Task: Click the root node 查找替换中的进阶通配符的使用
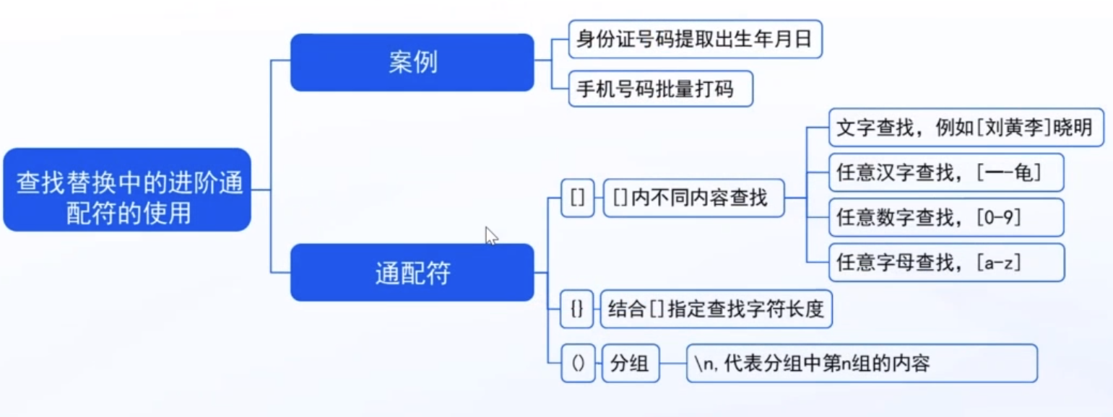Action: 127,190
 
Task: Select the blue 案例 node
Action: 412,62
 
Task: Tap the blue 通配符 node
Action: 412,273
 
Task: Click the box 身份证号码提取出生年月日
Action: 696,39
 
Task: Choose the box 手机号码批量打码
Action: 661,89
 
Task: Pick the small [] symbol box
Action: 577,197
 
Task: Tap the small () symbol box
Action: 577,364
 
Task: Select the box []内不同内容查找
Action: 693,197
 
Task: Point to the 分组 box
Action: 630,364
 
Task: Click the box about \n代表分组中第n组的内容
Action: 861,364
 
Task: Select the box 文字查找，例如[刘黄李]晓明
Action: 966,127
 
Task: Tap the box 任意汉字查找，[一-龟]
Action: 945,172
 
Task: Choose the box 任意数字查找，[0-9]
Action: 945,217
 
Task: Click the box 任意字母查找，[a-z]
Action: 945,262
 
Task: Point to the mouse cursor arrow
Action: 491,235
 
